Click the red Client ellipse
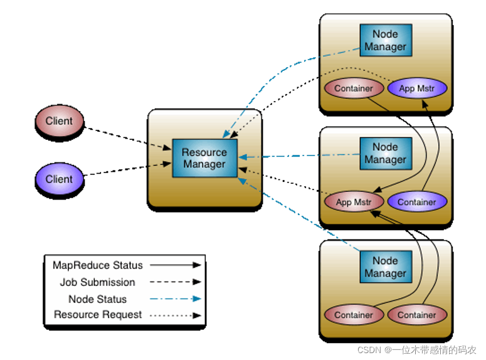59,122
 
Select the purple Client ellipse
59,179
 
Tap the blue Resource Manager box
204,158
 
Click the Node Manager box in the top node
385,40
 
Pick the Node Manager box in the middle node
385,154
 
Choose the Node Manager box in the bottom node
385,267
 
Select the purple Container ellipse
416,202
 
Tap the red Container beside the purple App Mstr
353,88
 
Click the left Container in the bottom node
353,315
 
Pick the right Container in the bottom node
416,315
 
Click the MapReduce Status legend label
98,265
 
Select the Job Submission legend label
98,282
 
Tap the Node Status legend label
98,299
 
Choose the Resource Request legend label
98,315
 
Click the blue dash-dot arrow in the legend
177,299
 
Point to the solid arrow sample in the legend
177,265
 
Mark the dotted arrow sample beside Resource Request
177,315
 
